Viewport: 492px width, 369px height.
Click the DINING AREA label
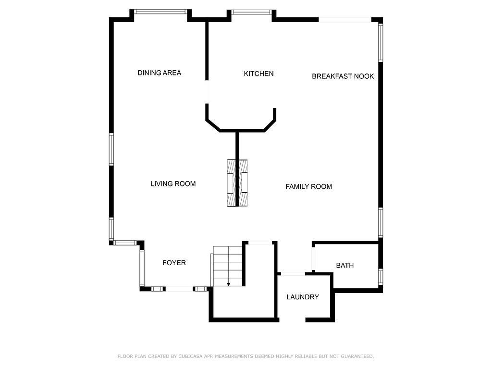point(159,73)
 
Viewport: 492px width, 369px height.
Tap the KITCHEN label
point(258,74)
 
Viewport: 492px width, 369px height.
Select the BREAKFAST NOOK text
point(343,76)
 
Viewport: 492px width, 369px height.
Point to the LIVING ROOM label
point(173,184)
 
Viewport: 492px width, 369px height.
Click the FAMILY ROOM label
point(308,186)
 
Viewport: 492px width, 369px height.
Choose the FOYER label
point(174,263)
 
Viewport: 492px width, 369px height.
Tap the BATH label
point(344,265)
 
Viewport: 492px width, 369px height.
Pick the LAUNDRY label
point(303,297)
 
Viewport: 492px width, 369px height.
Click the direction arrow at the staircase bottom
point(229,284)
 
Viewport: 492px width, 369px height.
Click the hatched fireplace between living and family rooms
point(238,183)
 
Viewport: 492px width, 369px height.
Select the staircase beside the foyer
point(228,266)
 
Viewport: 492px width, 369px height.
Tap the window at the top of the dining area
point(160,12)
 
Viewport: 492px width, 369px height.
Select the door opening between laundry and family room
point(293,273)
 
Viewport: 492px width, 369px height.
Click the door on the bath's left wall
point(313,259)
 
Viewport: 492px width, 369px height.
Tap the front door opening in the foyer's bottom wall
point(179,289)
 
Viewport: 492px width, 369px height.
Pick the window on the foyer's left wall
point(142,267)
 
